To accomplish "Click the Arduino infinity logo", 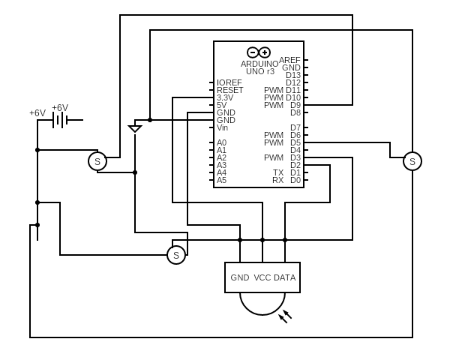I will (x=259, y=52).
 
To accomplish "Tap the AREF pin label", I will (x=289, y=60).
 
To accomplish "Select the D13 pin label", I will (x=293, y=75).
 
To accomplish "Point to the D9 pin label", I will (x=295, y=105).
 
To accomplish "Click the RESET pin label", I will (x=229, y=90).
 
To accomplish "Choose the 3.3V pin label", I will (x=225, y=97).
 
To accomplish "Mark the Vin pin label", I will (x=223, y=127).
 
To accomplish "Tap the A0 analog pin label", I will (x=221, y=142).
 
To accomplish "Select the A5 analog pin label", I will (x=221, y=180).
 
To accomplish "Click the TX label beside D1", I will (x=278, y=172).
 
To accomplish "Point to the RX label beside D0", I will (x=278, y=180).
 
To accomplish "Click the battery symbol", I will (x=60, y=120).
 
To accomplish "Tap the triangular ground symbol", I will (x=135, y=128).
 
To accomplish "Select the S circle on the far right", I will (x=412, y=161).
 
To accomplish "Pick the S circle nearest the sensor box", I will (x=176, y=255).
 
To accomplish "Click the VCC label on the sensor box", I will (x=262, y=277).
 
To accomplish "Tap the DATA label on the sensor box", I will (x=285, y=277).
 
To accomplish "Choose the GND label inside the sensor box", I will (x=240, y=277).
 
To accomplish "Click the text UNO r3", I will (x=260, y=71).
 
